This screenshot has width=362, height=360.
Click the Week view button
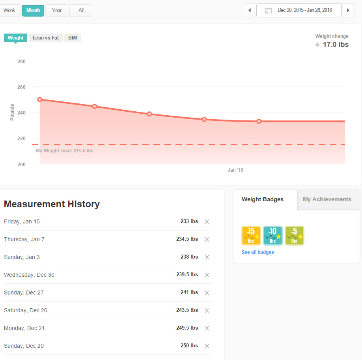(9, 11)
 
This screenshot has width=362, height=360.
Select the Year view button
(57, 11)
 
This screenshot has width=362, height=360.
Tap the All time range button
(81, 11)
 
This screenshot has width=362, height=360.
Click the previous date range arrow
(250, 10)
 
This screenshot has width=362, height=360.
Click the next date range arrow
(348, 10)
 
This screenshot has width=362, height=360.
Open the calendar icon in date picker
(269, 11)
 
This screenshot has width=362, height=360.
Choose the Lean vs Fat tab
(46, 38)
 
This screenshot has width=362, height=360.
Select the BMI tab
(73, 38)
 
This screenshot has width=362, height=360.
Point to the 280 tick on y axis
(21, 62)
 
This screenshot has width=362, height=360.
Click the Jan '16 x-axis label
(235, 170)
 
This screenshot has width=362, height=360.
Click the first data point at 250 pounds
(40, 99)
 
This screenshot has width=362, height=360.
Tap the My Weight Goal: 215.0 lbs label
(65, 151)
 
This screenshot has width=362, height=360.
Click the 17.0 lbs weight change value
(336, 45)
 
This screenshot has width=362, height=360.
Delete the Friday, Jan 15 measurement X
(207, 222)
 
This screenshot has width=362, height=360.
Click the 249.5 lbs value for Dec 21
(187, 328)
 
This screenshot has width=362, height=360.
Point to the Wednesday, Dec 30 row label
(29, 275)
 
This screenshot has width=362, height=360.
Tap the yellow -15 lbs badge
(251, 236)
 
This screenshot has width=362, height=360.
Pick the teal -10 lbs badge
(273, 236)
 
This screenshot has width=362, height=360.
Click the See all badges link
(258, 252)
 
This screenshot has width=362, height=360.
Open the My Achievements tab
(327, 199)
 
